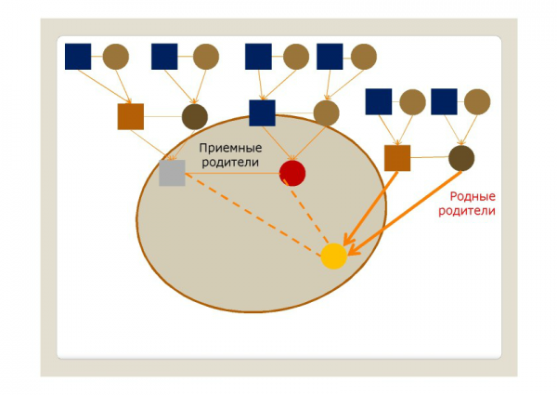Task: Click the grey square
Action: pos(172,173)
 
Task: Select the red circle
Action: pos(292,173)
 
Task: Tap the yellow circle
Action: pos(334,256)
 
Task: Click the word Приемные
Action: pos(231,148)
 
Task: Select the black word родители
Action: pos(231,163)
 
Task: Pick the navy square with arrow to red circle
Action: pos(263,113)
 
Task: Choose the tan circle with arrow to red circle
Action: pos(326,113)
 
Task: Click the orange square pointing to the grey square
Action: pos(131,116)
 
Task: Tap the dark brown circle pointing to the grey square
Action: pos(194,116)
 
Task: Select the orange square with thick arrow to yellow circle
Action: pos(397,158)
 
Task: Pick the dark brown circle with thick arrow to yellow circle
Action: pos(461,158)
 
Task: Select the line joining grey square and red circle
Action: pos(232,174)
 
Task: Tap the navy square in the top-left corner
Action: pos(78,57)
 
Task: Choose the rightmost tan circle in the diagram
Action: pos(476,101)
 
